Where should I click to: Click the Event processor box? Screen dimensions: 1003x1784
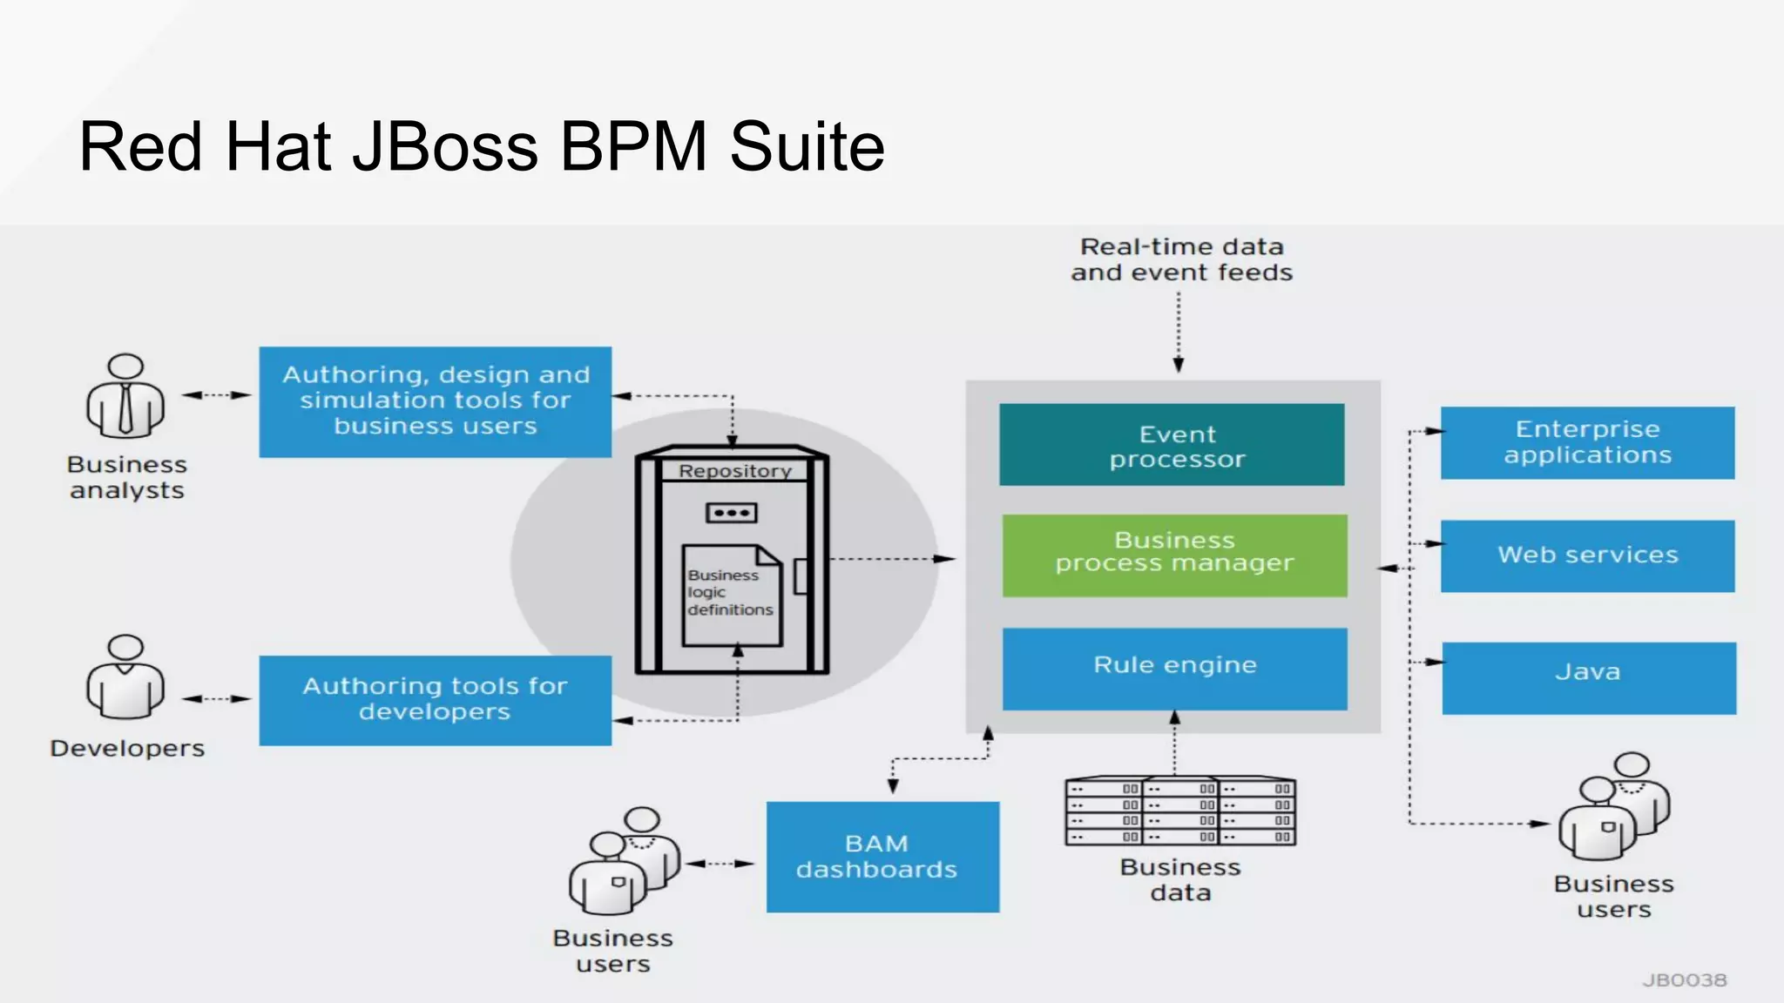(1172, 445)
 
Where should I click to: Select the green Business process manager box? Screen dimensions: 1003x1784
(1174, 555)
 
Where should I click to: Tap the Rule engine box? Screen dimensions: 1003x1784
(1174, 668)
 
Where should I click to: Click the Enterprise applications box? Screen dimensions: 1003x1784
(1587, 442)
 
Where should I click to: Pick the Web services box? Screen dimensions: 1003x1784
(1587, 555)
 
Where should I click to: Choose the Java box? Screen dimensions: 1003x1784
(1588, 677)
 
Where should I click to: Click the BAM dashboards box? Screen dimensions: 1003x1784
(882, 857)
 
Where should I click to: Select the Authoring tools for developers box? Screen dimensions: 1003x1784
(435, 700)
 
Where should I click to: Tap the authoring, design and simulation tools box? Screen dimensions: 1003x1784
(435, 401)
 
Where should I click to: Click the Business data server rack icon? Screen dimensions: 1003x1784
(1179, 811)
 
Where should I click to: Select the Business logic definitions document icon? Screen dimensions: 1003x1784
(732, 596)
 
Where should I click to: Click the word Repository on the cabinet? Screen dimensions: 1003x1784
(734, 471)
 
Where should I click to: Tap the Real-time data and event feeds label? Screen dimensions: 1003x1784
(1181, 259)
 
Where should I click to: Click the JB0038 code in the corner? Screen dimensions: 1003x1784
(1684, 980)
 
